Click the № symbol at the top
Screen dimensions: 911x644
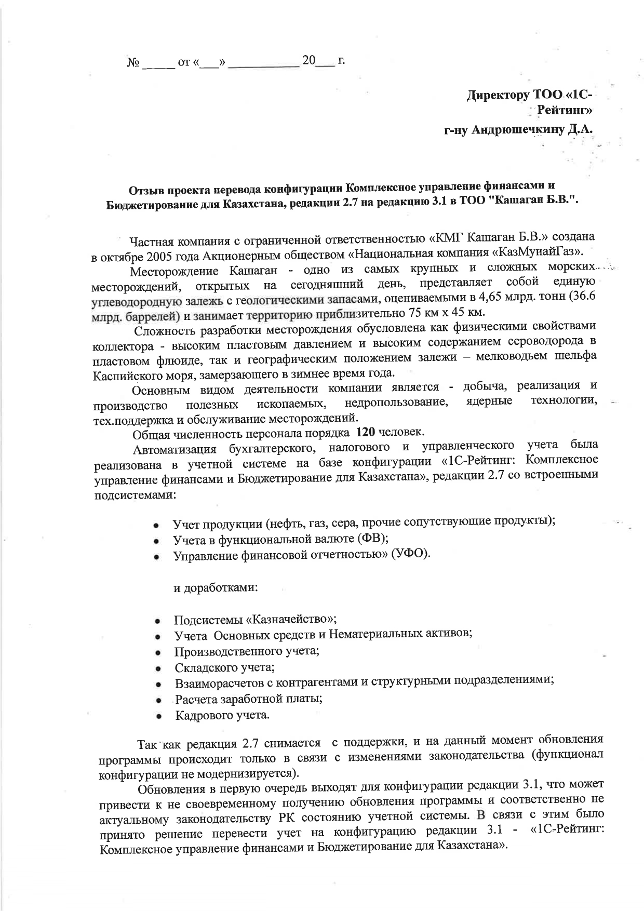tap(132, 63)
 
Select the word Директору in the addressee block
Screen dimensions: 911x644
tap(500, 96)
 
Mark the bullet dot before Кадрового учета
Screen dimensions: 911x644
tap(157, 716)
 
